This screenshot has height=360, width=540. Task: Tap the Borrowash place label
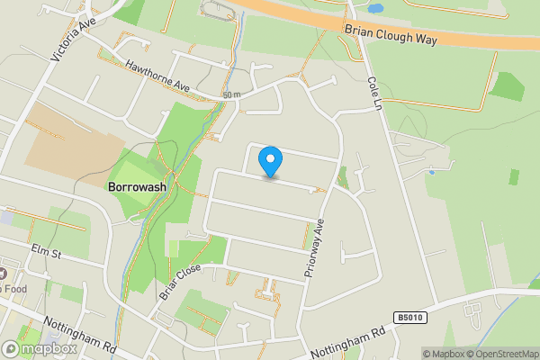pyautogui.click(x=137, y=188)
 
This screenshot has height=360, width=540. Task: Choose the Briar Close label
pyautogui.click(x=178, y=281)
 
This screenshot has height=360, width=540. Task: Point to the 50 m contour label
pyautogui.click(x=231, y=95)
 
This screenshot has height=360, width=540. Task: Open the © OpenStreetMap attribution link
pyautogui.click(x=501, y=354)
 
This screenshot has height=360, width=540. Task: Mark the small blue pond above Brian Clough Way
pyautogui.click(x=375, y=7)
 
